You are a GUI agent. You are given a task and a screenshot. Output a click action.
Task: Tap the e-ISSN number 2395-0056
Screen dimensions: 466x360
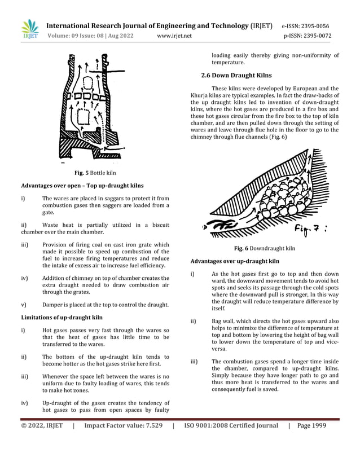(313, 26)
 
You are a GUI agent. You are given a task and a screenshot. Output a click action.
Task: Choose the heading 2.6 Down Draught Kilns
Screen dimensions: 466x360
(237, 75)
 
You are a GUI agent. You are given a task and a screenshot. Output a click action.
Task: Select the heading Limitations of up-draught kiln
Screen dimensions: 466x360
(62, 318)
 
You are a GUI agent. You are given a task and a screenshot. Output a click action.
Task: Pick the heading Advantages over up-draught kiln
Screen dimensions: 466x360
(235, 261)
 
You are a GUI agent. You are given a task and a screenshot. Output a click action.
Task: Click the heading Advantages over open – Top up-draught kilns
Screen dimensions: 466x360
(82, 186)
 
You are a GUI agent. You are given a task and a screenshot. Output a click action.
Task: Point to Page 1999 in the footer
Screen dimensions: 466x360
(311, 426)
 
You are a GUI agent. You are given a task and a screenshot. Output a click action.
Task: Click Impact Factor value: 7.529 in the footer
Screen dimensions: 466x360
(123, 426)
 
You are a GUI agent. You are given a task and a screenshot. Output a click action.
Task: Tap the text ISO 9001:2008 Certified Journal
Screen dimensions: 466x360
(231, 426)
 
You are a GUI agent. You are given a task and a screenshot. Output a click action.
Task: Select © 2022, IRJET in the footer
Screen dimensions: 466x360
(42, 426)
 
